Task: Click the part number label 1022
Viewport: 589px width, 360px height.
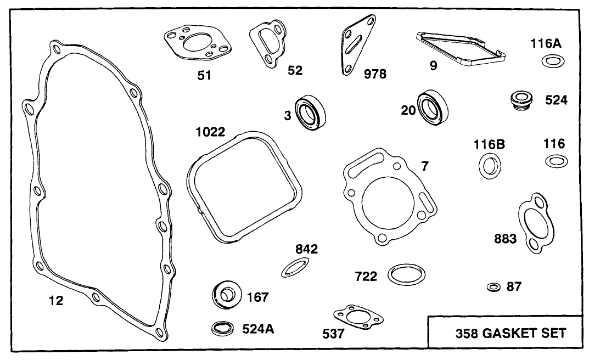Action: pos(211,132)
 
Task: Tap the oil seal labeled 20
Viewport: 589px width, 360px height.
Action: pos(434,107)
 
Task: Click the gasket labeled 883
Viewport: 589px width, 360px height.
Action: pos(533,222)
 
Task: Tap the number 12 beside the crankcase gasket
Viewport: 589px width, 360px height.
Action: pos(56,301)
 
